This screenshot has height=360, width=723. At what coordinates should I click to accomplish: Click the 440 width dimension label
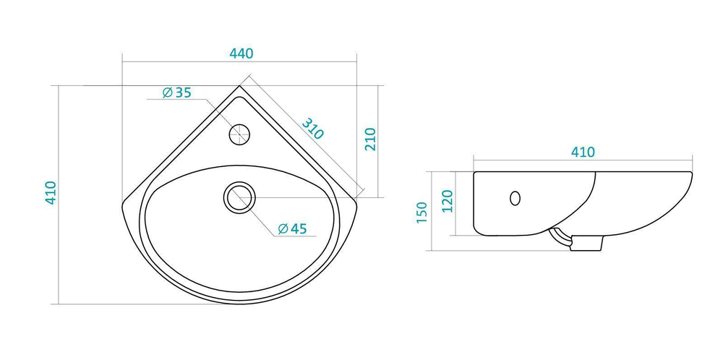241,53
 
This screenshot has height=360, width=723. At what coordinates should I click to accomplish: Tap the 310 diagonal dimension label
313,129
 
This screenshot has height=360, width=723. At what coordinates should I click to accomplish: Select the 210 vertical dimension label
371,140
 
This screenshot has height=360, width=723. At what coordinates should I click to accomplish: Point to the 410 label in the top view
51,193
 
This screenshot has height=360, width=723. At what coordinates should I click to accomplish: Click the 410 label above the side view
583,152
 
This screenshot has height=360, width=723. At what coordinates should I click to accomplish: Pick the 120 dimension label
448,201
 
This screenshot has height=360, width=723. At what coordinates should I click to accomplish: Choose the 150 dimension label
422,212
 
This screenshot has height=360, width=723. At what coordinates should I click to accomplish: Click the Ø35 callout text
176,93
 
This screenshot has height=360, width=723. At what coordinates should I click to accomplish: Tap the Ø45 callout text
292,228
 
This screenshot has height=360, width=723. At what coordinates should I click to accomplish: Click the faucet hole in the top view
239,134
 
